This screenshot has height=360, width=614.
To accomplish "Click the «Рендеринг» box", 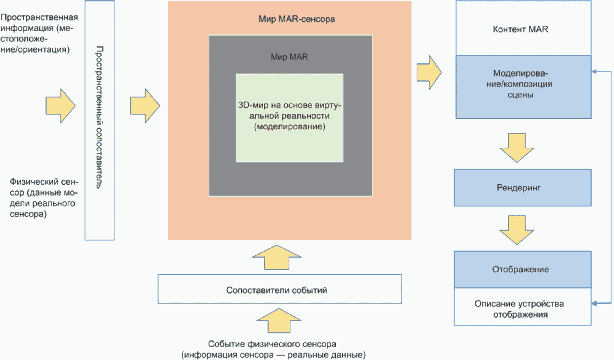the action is tap(522, 188).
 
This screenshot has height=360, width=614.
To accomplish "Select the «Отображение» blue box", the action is tap(522, 269).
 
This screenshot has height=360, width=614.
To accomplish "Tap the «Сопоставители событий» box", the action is tap(280, 289).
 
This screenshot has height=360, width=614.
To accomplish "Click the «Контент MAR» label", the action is tap(520, 29).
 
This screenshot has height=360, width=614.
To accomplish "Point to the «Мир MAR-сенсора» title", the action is tap(297, 19).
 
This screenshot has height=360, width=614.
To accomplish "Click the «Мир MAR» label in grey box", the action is tap(289, 57).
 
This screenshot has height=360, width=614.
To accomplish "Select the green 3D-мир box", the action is tap(289, 118).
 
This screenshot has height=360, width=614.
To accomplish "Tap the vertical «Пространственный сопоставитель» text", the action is tap(99, 117).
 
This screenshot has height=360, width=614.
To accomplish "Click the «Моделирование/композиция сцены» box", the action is tap(523, 87).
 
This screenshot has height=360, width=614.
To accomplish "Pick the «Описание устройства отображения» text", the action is tap(519, 309).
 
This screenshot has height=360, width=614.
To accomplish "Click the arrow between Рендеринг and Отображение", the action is tap(517, 230).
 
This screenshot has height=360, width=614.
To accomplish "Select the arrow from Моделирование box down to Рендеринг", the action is tap(517, 148).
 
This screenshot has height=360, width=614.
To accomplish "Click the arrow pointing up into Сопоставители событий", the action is tap(279, 320).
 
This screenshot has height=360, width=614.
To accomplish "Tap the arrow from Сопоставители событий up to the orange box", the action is tap(277, 257).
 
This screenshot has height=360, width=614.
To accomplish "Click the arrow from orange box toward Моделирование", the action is tap(429, 72).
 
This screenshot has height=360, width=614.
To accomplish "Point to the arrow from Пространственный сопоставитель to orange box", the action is tap(145, 105).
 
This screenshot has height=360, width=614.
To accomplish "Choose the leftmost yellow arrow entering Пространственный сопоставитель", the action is tap(60, 105).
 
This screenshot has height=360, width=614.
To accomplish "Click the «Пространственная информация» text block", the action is tap(39, 33).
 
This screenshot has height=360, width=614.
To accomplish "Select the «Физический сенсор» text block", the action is tap(44, 198).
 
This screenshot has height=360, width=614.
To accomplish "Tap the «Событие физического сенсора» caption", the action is tap(273, 349).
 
